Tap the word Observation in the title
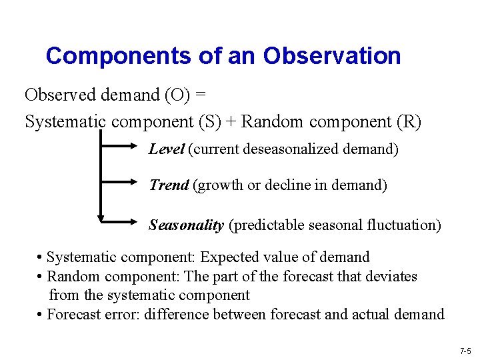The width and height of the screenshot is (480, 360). tap(332, 55)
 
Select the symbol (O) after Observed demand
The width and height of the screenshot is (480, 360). tap(177, 95)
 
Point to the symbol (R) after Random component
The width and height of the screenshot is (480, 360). tap(408, 122)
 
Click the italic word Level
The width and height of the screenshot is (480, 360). tap(166, 149)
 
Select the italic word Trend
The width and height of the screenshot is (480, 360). tap(169, 185)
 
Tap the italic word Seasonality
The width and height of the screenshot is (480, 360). tap(186, 225)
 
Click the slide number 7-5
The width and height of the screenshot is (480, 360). tap(465, 351)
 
